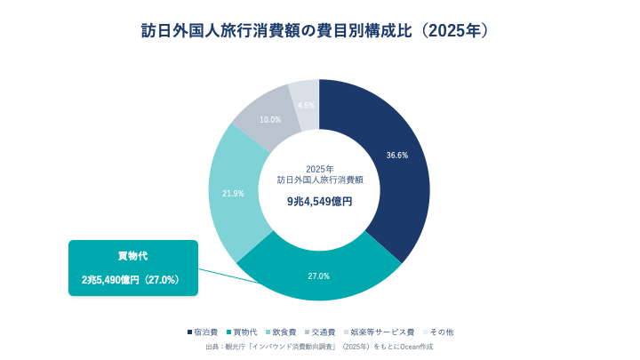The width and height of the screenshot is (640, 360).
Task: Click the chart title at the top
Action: pos(315,31)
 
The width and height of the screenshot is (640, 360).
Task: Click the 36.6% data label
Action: pos(397,156)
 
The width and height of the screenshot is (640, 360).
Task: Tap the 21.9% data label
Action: pos(233,194)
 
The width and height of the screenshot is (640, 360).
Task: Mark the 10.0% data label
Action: pos(270,120)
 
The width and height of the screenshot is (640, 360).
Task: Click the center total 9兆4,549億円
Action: pos(320,202)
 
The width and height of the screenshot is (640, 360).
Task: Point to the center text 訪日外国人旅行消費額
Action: pos(320,180)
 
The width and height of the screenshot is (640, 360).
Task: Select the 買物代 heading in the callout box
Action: pos(133,256)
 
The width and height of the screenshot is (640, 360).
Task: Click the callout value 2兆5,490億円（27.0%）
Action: pos(131,280)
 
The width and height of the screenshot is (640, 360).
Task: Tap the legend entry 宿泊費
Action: pos(203,332)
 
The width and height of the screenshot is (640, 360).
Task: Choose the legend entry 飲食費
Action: pos(281,332)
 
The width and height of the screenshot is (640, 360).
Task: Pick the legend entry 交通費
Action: pos(320,332)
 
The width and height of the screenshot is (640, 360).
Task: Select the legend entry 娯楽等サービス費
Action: pos(380,332)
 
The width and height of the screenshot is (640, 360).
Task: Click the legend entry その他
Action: pos(438,332)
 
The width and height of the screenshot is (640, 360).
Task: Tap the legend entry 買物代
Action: pos(242,332)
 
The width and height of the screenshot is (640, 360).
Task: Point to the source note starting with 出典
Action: pos(319,347)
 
